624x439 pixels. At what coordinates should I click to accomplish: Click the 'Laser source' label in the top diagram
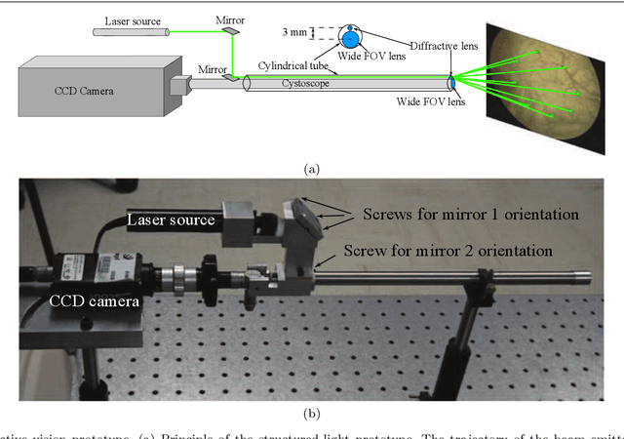pyautogui.click(x=135, y=19)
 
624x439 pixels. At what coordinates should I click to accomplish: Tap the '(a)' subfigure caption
pyautogui.click(x=312, y=169)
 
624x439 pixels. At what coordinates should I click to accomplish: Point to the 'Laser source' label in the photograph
pyautogui.click(x=171, y=221)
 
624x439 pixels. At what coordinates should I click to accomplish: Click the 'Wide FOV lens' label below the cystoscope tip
pyautogui.click(x=431, y=100)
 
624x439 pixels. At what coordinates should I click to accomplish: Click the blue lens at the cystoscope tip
pyautogui.click(x=450, y=84)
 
